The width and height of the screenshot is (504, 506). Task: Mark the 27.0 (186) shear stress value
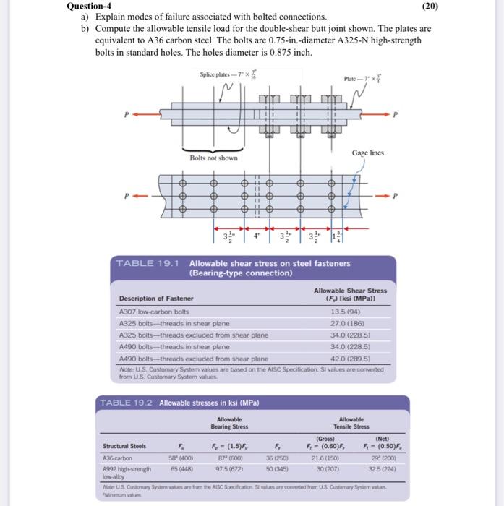point(346,322)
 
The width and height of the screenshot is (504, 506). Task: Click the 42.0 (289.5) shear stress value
point(347,358)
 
